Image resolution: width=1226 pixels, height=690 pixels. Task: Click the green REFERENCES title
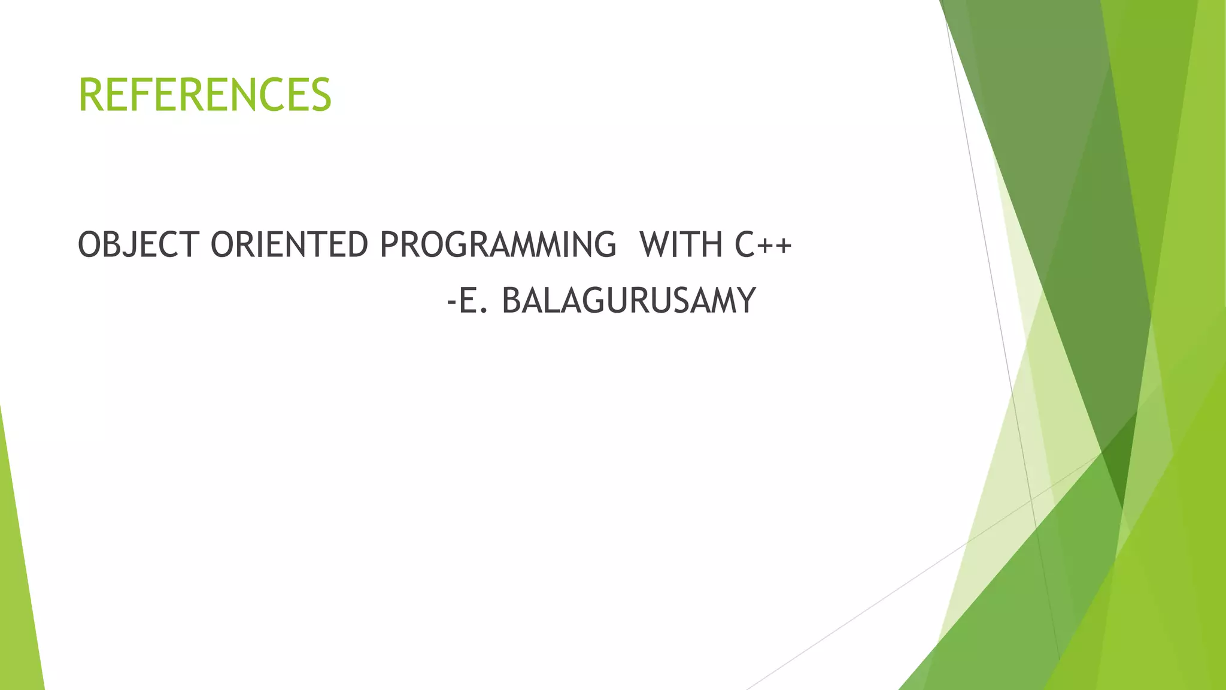[x=205, y=95]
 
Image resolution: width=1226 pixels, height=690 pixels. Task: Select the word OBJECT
[x=138, y=245]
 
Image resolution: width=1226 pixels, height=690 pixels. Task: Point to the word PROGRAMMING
[x=497, y=245]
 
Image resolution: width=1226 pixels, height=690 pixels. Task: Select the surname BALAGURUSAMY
[x=629, y=301]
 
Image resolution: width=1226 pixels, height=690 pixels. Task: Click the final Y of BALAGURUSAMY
[x=746, y=301]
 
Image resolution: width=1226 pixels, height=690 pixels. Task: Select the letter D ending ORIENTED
[x=358, y=245]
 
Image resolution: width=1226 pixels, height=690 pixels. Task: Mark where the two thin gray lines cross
[x=1031, y=499]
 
